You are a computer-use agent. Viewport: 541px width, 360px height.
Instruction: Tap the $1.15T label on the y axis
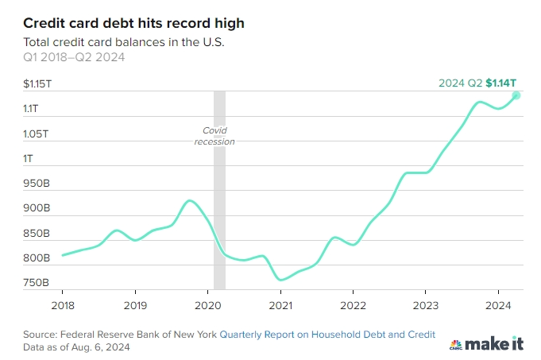pyautogui.click(x=37, y=83)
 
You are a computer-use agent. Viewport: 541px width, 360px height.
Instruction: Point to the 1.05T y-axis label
pyautogui.click(x=37, y=134)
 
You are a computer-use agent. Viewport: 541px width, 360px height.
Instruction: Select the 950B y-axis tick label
pyautogui.click(x=37, y=184)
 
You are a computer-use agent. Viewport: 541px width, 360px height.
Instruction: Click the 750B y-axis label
pyautogui.click(x=37, y=283)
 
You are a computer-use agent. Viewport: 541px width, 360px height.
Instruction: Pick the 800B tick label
pyautogui.click(x=37, y=258)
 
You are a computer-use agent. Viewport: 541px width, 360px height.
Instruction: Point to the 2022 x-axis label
pyautogui.click(x=353, y=304)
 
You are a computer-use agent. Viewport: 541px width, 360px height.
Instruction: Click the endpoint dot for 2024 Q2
pyautogui.click(x=516, y=95)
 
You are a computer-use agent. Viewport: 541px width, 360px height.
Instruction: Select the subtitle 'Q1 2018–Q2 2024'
pyautogui.click(x=74, y=56)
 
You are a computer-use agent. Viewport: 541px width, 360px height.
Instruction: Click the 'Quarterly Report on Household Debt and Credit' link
pyautogui.click(x=327, y=335)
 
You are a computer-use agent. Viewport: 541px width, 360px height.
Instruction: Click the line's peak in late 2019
pyautogui.click(x=189, y=200)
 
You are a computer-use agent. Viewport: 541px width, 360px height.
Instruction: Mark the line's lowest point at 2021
pyautogui.click(x=281, y=280)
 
